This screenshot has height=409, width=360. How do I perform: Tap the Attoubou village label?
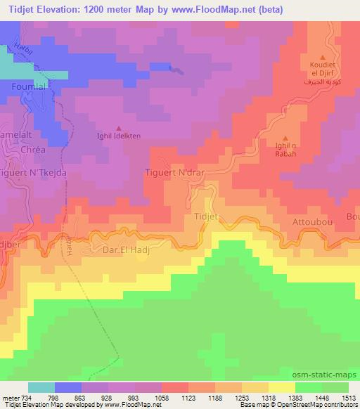point(310,221)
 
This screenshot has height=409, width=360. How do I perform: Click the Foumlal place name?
point(29,86)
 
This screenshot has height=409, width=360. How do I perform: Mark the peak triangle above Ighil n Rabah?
point(285,138)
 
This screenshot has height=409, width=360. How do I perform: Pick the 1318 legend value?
point(257,397)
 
